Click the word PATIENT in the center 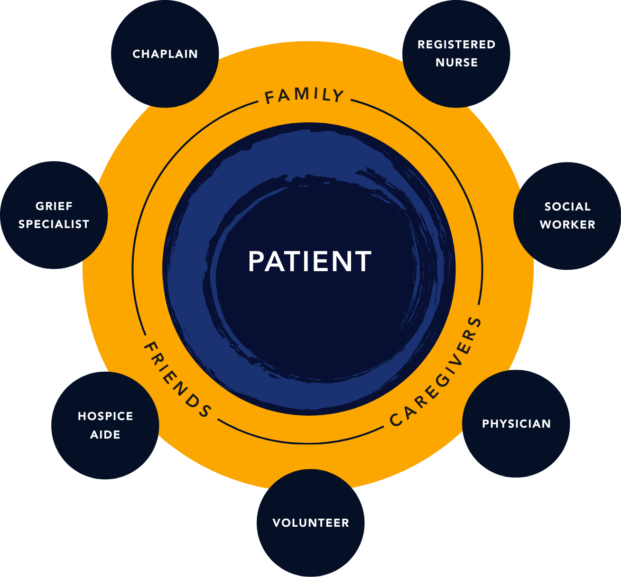(310, 261)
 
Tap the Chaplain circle (165, 54)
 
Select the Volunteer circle (311, 523)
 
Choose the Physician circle (516, 424)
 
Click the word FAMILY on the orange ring (304, 95)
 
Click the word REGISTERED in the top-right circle (456, 45)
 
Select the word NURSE (456, 63)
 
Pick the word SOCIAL (567, 207)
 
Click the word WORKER (567, 225)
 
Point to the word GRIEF (54, 206)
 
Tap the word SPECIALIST (54, 224)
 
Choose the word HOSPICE (105, 416)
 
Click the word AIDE (105, 435)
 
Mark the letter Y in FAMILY (338, 97)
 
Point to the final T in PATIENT (363, 261)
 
